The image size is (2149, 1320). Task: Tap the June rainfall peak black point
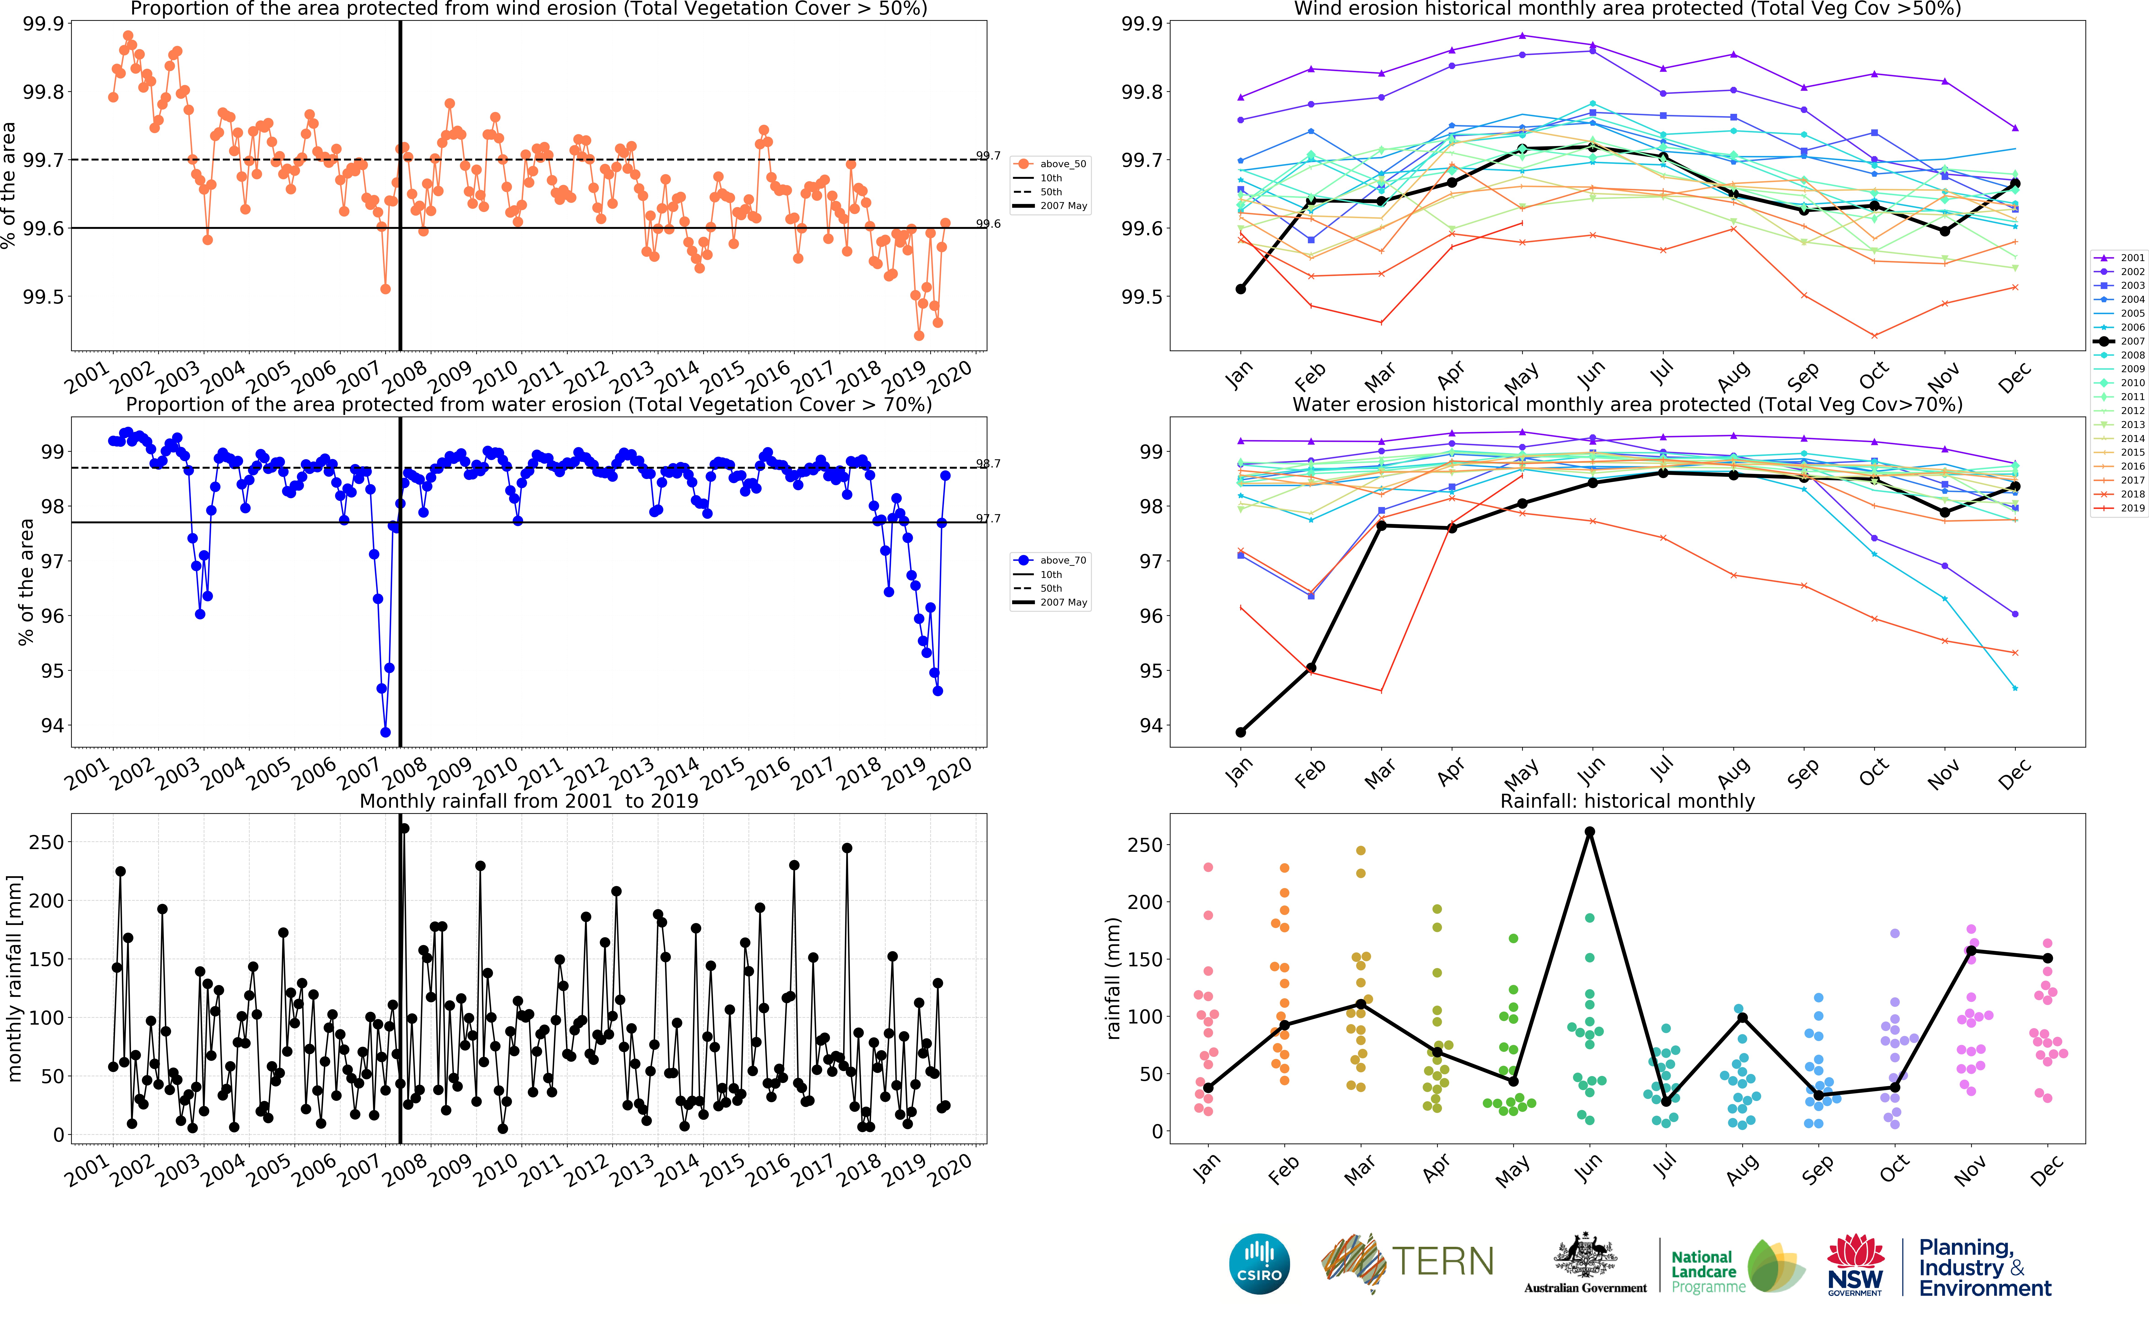[x=1590, y=832]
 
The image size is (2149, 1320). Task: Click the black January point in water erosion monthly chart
[x=1240, y=732]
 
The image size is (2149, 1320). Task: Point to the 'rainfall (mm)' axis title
[x=1113, y=978]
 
